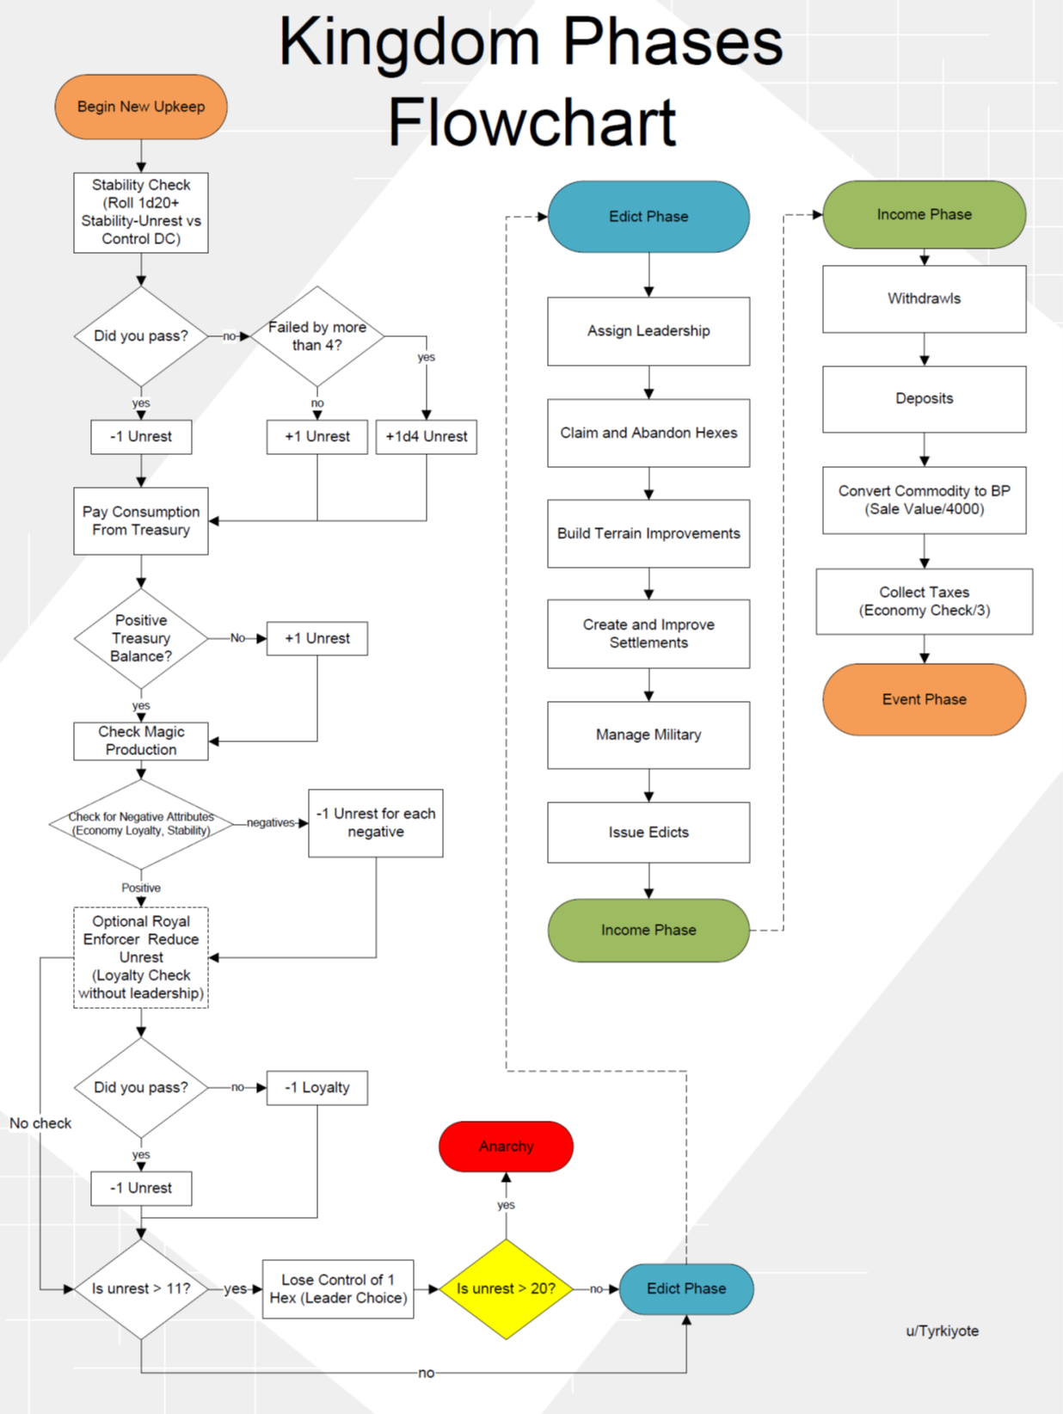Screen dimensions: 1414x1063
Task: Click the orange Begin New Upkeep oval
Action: click(141, 107)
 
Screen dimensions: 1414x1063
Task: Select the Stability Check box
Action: click(141, 212)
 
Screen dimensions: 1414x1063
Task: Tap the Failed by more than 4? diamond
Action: click(317, 336)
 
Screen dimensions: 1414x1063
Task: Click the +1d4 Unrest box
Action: click(427, 437)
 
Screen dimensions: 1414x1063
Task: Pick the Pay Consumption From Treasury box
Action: click(141, 521)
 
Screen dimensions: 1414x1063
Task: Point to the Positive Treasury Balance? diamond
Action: click(141, 638)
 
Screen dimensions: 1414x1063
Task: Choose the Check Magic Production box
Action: click(141, 741)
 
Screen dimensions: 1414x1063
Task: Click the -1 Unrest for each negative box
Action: click(376, 823)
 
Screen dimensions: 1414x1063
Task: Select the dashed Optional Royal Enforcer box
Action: click(141, 957)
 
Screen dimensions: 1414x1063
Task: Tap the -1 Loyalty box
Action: click(317, 1088)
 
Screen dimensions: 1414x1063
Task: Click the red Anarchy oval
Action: click(506, 1147)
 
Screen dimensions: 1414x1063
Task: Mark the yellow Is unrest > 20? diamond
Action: click(506, 1288)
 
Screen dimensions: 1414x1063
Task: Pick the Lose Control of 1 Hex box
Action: click(338, 1288)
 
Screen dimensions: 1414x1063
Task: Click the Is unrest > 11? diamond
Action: click(141, 1288)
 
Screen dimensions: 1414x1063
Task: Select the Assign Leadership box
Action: click(648, 331)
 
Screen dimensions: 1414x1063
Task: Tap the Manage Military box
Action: click(648, 735)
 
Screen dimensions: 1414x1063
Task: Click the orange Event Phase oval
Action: click(925, 699)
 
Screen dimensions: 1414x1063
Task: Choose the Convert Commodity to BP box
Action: click(925, 500)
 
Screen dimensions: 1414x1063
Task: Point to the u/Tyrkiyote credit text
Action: click(942, 1331)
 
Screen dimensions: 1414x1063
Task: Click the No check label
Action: click(40, 1123)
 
